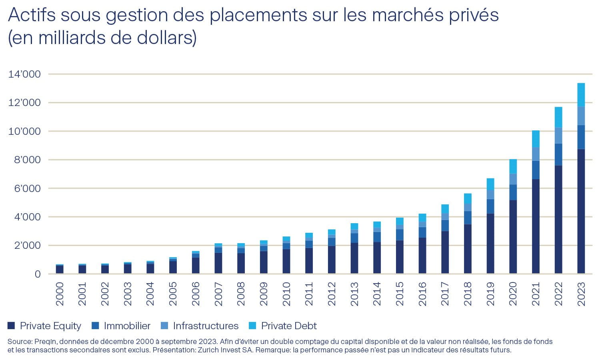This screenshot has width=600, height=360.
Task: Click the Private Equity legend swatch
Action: click(11, 326)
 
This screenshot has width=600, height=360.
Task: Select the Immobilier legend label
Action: click(127, 326)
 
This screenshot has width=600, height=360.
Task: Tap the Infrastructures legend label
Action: click(206, 326)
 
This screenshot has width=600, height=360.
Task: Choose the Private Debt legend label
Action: click(289, 326)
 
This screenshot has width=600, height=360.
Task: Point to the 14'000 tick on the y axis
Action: click(24, 74)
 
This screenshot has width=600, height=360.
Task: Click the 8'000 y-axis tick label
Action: click(24, 160)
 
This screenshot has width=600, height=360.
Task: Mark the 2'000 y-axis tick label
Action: click(24, 245)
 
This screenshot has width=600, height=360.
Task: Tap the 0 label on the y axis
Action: click(38, 274)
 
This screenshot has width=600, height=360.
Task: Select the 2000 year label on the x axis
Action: click(60, 294)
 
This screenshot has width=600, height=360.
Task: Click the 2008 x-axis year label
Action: click(241, 294)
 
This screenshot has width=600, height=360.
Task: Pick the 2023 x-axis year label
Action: click(581, 294)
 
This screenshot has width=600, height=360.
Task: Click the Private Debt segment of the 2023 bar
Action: click(581, 95)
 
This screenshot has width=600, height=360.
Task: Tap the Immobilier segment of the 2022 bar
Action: click(558, 154)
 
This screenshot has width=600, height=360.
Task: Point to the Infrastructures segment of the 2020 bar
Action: click(513, 179)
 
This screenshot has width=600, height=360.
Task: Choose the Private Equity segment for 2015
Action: click(400, 257)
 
